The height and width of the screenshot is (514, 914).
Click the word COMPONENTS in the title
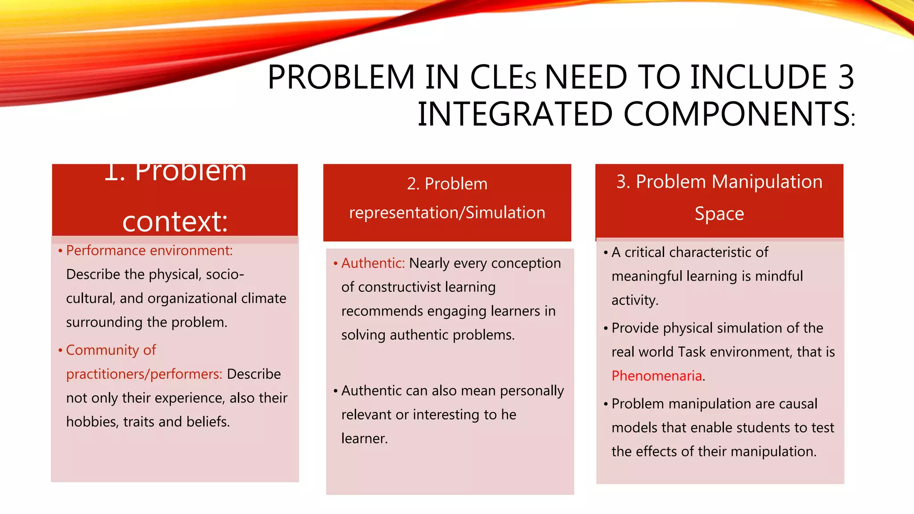[736, 114]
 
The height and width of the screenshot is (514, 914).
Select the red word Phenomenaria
[656, 376]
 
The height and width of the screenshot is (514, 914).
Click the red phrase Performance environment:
[150, 250]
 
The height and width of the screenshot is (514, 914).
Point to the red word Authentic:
[373, 263]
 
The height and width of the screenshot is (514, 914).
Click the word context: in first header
[175, 221]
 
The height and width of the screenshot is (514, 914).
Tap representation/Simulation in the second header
[447, 212]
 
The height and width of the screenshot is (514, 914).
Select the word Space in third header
[719, 214]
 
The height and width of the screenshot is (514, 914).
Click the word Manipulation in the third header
[767, 182]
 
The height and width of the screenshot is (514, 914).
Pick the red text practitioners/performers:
[144, 374]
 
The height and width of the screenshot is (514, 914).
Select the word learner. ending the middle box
[364, 439]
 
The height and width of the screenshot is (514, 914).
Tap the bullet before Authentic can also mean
[335, 391]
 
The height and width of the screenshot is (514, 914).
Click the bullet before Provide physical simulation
[606, 329]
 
